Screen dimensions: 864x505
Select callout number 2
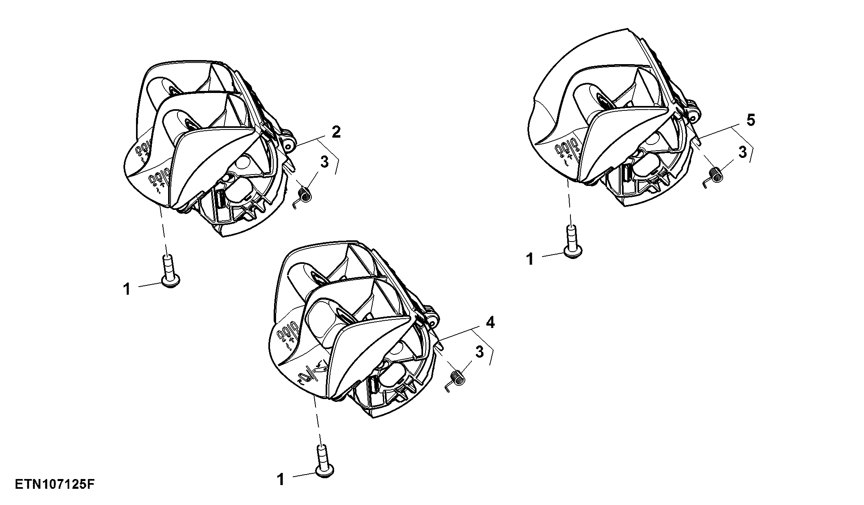(336, 132)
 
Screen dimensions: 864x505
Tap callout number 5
(751, 120)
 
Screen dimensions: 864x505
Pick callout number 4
(490, 323)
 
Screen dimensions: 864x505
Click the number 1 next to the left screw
(127, 289)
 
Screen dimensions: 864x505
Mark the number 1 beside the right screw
(530, 259)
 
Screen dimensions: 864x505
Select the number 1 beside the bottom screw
(281, 479)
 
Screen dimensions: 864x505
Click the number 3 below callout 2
(324, 162)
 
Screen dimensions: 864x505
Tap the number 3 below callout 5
(742, 153)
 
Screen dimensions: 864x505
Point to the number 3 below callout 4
(480, 352)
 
